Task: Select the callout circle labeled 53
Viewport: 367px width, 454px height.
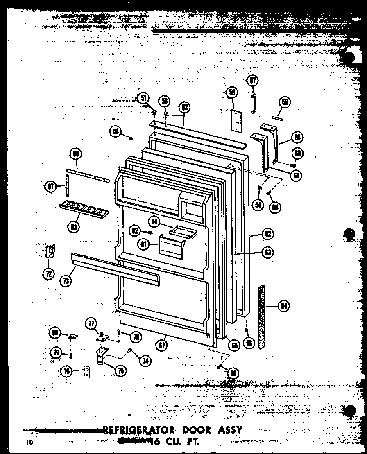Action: tap(165, 100)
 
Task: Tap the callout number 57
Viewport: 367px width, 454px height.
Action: tap(253, 81)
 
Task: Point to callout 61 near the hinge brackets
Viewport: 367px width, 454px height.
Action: tap(295, 176)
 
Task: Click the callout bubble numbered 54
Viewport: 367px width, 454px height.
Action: tap(257, 205)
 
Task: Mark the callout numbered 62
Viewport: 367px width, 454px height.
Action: tap(267, 235)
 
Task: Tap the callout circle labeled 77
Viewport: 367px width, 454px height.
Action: tap(91, 323)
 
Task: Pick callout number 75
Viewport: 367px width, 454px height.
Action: tap(121, 371)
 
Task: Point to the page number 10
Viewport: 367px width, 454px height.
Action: tap(27, 442)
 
